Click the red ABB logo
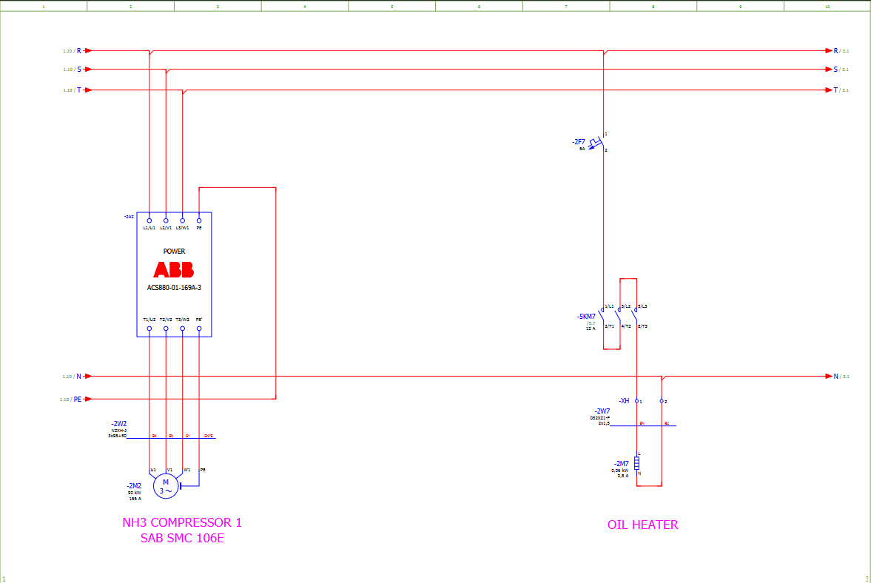tap(174, 269)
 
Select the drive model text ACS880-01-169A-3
tap(174, 287)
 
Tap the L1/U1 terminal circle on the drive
tap(149, 220)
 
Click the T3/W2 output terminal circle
tap(183, 328)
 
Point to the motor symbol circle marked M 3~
tap(166, 486)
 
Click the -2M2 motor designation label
tap(134, 486)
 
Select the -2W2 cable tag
tap(118, 424)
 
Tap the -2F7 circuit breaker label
tap(578, 141)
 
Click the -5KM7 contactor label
tap(586, 316)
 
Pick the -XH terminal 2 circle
tap(662, 401)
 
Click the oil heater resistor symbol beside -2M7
tap(636, 463)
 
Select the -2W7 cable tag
tap(602, 411)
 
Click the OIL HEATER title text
tap(642, 525)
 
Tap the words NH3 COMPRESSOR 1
tap(182, 522)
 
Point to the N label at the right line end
tap(836, 377)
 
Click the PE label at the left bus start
tap(77, 400)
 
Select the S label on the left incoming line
tap(78, 70)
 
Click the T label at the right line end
tap(836, 90)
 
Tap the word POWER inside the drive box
tap(174, 252)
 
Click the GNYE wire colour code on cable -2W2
tap(209, 436)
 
